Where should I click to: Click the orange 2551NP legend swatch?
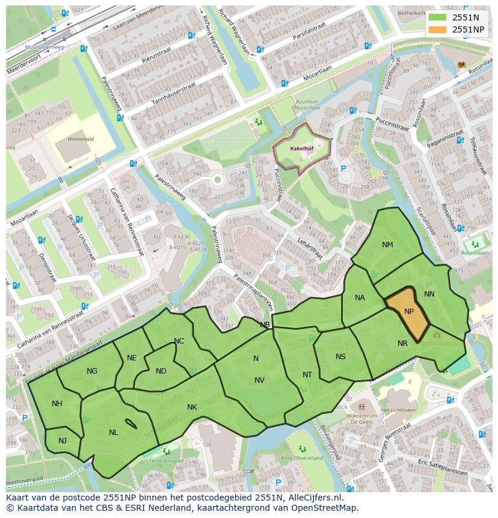pyautogui.click(x=438, y=29)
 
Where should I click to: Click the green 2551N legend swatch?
pyautogui.click(x=438, y=18)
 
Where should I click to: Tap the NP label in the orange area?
pyautogui.click(x=409, y=312)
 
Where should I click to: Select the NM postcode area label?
pyautogui.click(x=387, y=245)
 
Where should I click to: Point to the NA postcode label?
pyautogui.click(x=360, y=298)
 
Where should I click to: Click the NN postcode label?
pyautogui.click(x=429, y=294)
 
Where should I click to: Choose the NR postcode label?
pyautogui.click(x=403, y=344)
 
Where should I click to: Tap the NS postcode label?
pyautogui.click(x=340, y=357)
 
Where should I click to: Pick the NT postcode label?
pyautogui.click(x=307, y=375)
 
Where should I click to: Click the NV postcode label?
pyautogui.click(x=259, y=380)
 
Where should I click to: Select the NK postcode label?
pyautogui.click(x=192, y=407)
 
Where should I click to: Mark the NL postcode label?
pyautogui.click(x=114, y=433)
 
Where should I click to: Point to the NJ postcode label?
pyautogui.click(x=63, y=441)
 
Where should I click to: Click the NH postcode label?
pyautogui.click(x=57, y=404)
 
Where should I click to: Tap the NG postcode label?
pyautogui.click(x=92, y=371)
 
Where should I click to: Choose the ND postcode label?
pyautogui.click(x=161, y=371)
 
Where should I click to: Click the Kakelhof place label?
pyautogui.click(x=300, y=147)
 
